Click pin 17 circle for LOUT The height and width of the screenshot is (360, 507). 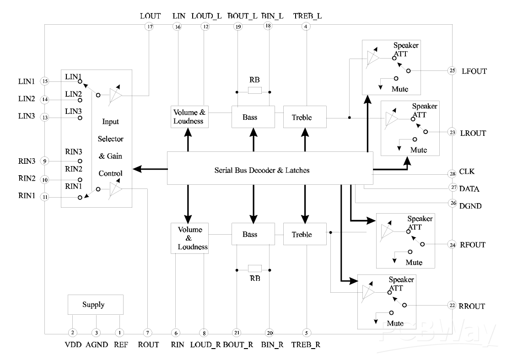pos(150,27)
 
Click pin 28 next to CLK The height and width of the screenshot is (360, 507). pos(453,174)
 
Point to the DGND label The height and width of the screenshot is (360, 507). pos(470,206)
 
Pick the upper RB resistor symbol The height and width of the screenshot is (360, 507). pos(254,91)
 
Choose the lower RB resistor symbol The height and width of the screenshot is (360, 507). pos(254,269)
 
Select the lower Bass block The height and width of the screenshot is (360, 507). pos(253,234)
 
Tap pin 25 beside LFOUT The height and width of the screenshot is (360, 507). pos(453,71)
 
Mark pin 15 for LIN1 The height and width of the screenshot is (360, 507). pos(45,81)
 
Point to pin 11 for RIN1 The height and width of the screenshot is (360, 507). pos(45,197)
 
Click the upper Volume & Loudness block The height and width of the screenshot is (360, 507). pos(189,117)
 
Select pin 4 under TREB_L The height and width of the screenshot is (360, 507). pos(305,27)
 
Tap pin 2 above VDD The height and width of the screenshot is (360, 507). pos(72,333)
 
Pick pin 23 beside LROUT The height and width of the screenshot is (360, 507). pos(453,133)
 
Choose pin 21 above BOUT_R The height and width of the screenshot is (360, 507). pos(237,333)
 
